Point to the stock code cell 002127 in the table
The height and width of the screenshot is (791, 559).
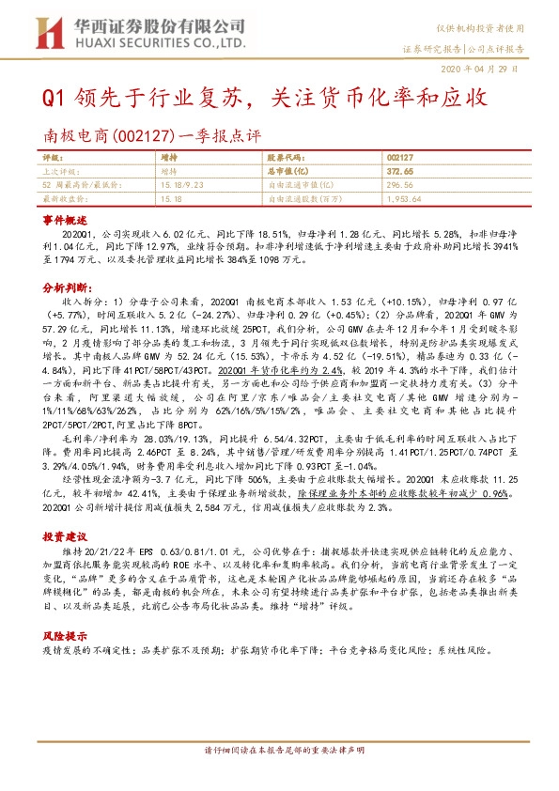pos(398,161)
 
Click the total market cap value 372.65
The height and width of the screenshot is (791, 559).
pos(399,173)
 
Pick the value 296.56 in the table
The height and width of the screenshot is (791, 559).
pos(398,186)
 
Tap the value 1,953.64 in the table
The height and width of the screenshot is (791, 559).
pos(403,199)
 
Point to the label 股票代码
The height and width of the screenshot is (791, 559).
pos(287,161)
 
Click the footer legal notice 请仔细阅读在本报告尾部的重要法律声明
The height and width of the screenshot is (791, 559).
pos(279,775)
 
